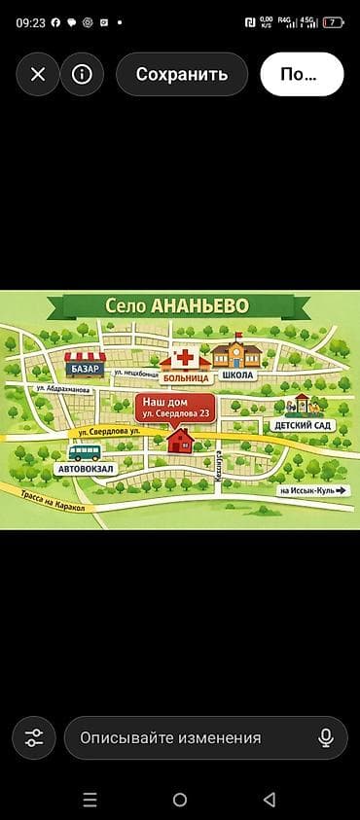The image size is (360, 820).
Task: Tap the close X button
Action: pyautogui.click(x=38, y=74)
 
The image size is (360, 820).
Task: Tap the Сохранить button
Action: pyautogui.click(x=182, y=74)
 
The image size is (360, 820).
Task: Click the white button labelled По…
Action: pyautogui.click(x=302, y=74)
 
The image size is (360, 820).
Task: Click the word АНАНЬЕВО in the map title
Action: pyautogui.click(x=199, y=305)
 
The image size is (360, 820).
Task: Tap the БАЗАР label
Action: pyautogui.click(x=86, y=369)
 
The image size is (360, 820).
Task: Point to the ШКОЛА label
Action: pyautogui.click(x=237, y=375)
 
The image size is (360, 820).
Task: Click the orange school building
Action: pyautogui.click(x=235, y=354)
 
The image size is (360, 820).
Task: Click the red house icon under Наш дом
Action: pyautogui.click(x=181, y=441)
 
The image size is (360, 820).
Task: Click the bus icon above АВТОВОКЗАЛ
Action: pyautogui.click(x=85, y=452)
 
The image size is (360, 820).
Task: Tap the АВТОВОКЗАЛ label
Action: pyautogui.click(x=86, y=469)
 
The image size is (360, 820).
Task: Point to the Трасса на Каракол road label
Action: pyautogui.click(x=53, y=500)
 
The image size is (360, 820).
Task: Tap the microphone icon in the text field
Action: pyautogui.click(x=326, y=737)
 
